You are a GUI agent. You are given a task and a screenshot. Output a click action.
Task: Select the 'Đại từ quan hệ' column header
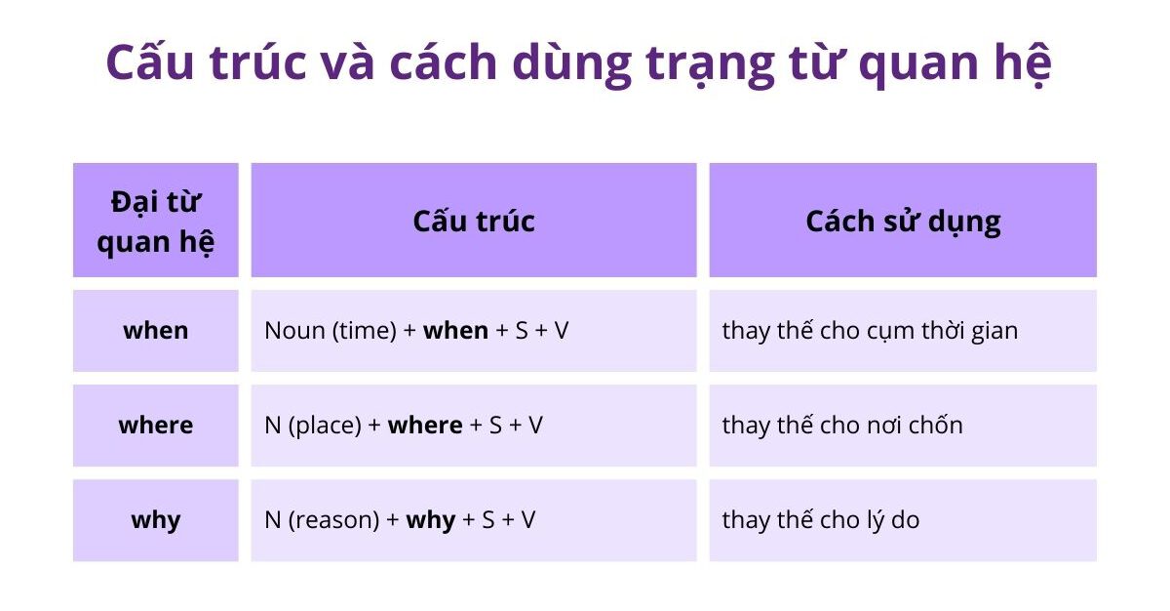[156, 222]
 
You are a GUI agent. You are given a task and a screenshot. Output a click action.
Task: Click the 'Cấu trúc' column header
[474, 222]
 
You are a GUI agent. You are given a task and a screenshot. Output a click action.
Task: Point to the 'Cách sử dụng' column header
[903, 222]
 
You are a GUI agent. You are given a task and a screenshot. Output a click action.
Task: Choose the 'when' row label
[156, 331]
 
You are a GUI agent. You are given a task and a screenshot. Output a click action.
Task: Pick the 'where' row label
[156, 426]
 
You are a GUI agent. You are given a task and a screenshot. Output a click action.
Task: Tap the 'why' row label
[156, 520]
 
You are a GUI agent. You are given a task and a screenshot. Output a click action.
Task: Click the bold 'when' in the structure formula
[455, 331]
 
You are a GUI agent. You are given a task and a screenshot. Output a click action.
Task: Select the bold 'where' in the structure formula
[425, 426]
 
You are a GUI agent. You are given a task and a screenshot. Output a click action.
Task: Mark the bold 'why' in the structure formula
[431, 520]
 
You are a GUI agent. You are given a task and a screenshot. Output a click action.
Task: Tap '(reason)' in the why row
[333, 520]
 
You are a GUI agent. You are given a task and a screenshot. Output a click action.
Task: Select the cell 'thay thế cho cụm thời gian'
[870, 331]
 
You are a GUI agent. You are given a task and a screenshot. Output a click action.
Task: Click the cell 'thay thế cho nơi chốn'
[842, 426]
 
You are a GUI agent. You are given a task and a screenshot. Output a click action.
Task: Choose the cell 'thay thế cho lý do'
[820, 520]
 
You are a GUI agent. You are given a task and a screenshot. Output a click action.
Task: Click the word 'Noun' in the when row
[294, 331]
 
